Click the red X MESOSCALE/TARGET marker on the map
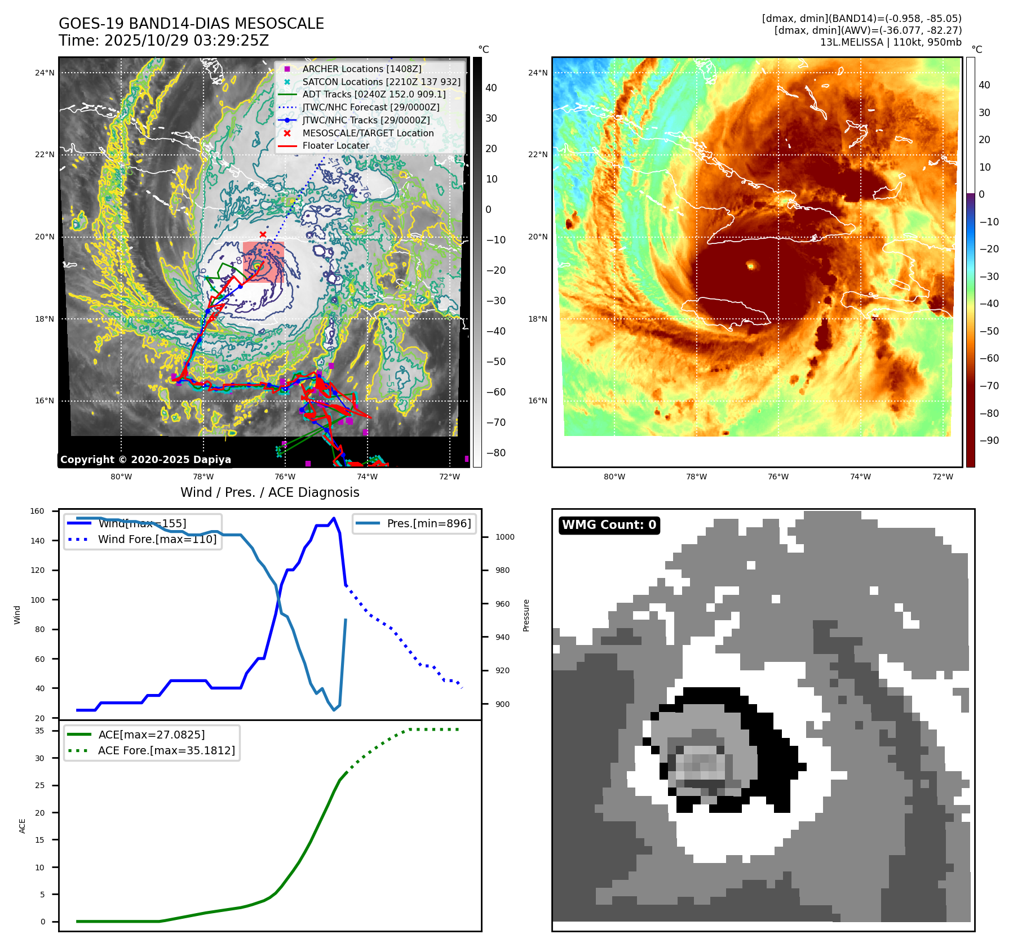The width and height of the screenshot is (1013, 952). point(263,234)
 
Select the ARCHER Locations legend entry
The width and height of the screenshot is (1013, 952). point(361,69)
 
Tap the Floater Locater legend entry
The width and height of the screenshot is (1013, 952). point(335,145)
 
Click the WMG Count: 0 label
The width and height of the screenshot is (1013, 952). point(609,525)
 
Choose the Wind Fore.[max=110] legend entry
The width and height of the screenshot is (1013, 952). point(157,539)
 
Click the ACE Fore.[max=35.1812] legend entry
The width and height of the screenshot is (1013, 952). point(166,750)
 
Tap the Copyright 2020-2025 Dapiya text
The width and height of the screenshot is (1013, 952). point(145,460)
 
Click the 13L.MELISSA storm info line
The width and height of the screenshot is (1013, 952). point(891,42)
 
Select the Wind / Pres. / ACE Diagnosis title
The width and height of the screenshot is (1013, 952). point(269,492)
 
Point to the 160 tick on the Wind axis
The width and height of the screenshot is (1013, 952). point(37,511)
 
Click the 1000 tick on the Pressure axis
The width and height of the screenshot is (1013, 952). point(505,537)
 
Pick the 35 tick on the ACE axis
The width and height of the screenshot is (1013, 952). point(39,731)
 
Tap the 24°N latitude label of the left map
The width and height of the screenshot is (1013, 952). point(45,73)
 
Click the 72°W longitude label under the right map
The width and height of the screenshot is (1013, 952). point(943,477)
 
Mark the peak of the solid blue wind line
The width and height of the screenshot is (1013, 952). point(334,518)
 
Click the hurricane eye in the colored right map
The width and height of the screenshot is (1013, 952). point(750,265)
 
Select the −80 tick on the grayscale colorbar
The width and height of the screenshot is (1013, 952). point(496,453)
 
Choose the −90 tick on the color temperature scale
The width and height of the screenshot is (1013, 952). point(989,441)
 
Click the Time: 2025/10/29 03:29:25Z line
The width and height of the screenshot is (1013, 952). point(163,41)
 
